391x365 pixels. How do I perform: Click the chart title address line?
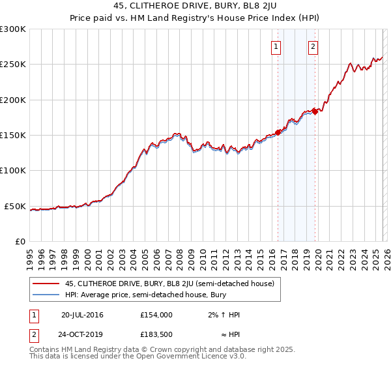[195, 7]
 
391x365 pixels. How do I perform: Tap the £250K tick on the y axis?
[13, 65]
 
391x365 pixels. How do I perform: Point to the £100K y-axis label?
[13, 171]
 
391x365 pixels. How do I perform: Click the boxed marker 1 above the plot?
[276, 46]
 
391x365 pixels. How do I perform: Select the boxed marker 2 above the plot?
[313, 46]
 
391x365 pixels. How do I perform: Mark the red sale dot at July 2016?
[278, 132]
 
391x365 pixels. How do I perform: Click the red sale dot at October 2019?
[315, 111]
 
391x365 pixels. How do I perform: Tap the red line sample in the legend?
[46, 284]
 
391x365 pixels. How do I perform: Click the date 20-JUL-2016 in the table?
[82, 315]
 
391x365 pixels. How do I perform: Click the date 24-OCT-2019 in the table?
[82, 336]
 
